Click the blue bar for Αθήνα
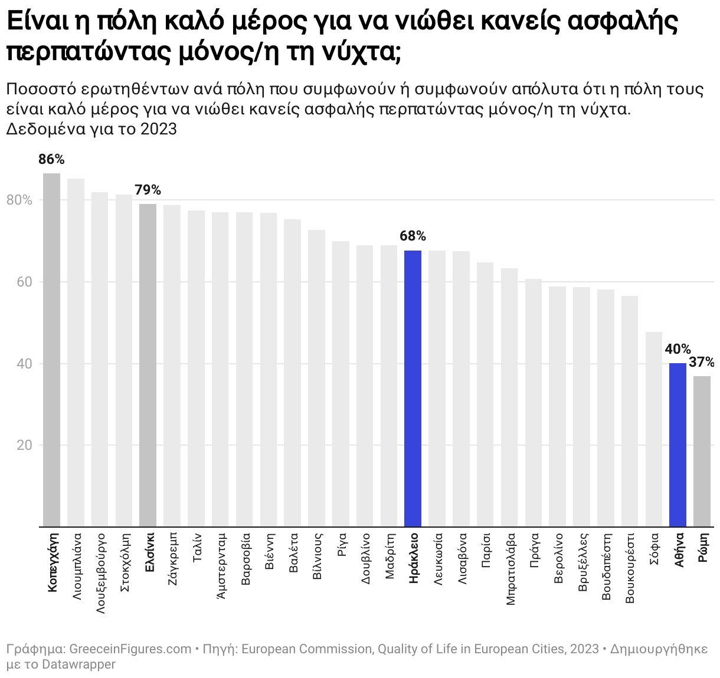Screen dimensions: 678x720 678,445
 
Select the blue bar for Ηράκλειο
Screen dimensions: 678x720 413,389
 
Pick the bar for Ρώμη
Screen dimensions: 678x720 702,452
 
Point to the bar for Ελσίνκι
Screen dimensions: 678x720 148,366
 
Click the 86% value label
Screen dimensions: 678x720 51,159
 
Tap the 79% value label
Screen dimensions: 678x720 148,190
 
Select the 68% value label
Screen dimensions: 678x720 413,236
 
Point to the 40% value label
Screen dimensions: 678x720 678,350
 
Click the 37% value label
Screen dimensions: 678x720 702,362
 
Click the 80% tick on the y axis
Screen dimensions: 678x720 19,200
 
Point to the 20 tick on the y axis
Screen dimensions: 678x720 24,445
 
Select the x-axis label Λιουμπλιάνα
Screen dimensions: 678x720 76,567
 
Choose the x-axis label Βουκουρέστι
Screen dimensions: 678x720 630,568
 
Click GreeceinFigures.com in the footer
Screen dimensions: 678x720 130,649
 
